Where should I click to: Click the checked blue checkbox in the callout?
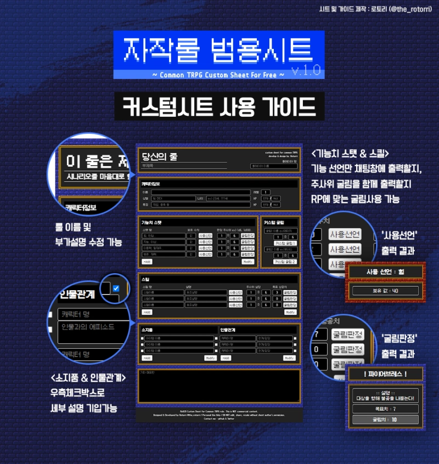(x=115, y=288)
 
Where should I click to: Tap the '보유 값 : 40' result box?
(x=385, y=291)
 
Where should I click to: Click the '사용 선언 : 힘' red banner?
(x=385, y=271)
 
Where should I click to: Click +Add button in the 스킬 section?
(x=147, y=312)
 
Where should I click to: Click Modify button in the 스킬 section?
(x=290, y=312)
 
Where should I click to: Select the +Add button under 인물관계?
(x=225, y=358)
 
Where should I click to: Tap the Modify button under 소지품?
(x=210, y=358)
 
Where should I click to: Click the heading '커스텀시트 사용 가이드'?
(x=219, y=106)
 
